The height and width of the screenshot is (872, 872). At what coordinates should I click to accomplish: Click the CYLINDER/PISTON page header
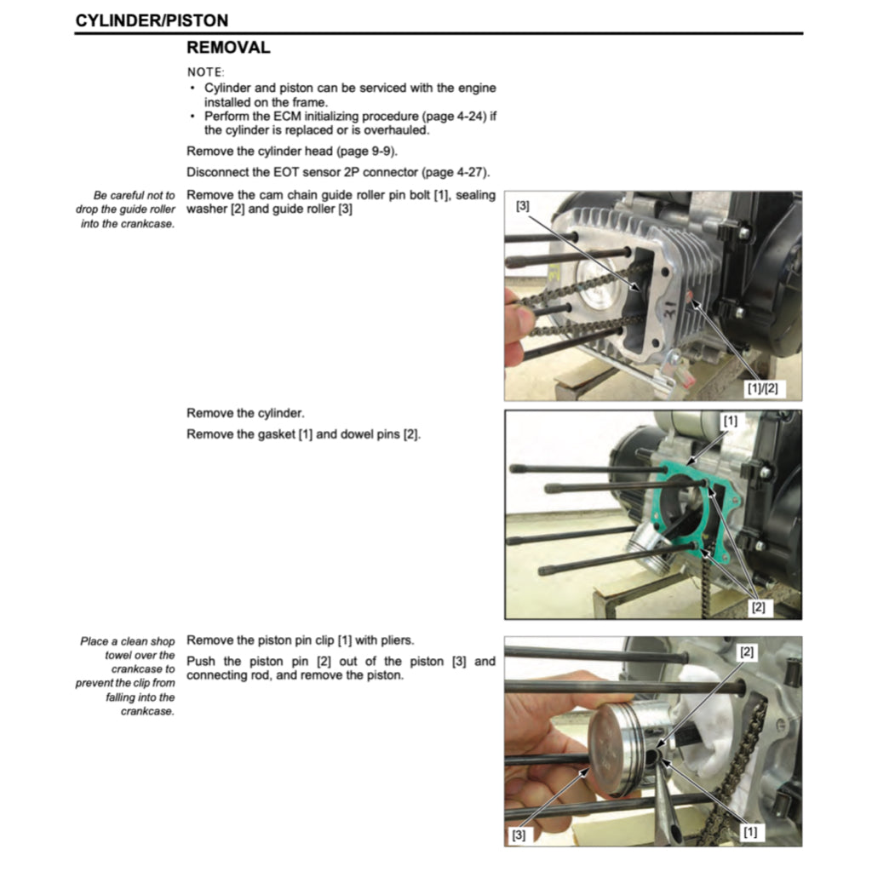[152, 20]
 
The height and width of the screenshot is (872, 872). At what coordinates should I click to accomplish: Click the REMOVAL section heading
[228, 48]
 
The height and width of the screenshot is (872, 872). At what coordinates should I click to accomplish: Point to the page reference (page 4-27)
[452, 171]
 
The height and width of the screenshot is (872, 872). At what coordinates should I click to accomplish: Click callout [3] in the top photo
[522, 206]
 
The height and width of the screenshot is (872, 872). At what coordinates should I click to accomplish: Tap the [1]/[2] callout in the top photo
[761, 387]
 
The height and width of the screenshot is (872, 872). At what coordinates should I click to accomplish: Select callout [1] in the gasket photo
[730, 421]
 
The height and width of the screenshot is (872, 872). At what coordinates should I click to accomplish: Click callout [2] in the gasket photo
[757, 606]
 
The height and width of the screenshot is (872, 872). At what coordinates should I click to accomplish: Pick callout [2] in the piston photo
[747, 652]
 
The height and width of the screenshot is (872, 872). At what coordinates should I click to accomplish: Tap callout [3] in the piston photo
[518, 835]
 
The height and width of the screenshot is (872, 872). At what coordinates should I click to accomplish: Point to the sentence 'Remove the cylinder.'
[245, 413]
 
